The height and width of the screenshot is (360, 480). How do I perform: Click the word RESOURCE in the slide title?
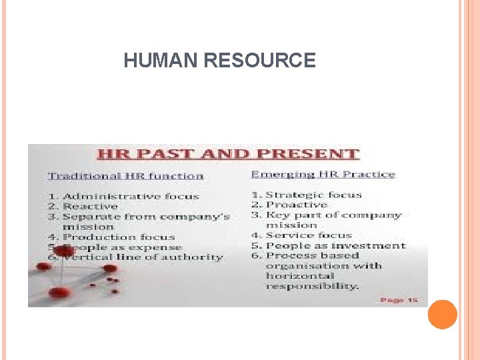click(259, 61)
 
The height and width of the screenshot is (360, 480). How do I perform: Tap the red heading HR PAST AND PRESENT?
click(228, 154)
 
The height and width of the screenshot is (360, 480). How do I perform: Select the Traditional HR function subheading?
click(125, 176)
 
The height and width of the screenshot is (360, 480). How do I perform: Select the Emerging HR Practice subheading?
click(323, 175)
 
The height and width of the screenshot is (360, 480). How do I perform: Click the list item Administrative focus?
click(131, 196)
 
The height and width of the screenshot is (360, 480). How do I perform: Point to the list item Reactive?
click(90, 206)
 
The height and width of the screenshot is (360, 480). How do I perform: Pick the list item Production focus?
click(119, 237)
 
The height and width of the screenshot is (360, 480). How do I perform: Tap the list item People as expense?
click(121, 247)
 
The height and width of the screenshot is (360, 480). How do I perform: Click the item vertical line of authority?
click(143, 257)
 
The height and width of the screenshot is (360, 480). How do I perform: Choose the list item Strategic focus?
click(313, 195)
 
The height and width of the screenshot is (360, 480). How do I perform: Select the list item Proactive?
click(296, 205)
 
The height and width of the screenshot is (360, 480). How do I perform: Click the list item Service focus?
click(309, 235)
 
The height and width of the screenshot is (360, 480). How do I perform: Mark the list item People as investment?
click(335, 245)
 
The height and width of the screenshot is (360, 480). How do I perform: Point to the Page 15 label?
click(399, 300)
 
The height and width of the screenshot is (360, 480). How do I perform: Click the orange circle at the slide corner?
click(442, 315)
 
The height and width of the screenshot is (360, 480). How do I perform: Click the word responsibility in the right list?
click(312, 286)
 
